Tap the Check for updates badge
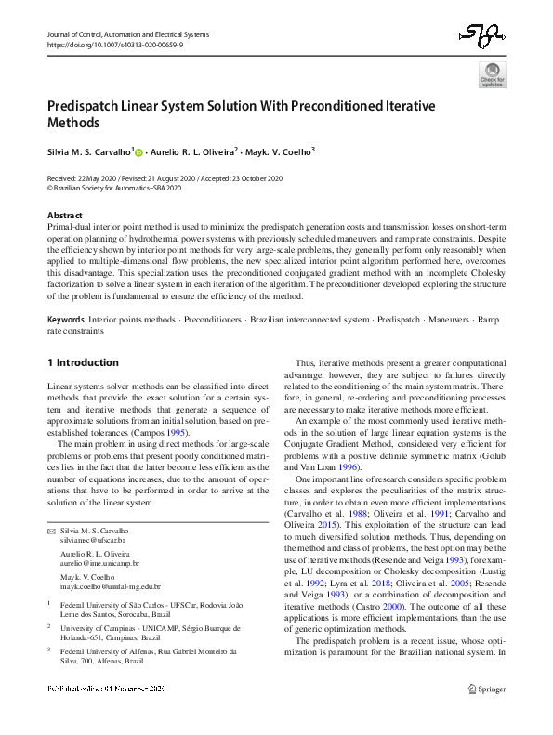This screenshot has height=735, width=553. pyautogui.click(x=492, y=74)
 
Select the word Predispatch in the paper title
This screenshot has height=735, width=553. pyautogui.click(x=85, y=106)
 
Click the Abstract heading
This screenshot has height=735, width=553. pyautogui.click(x=65, y=215)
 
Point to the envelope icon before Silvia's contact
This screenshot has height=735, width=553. pyautogui.click(x=51, y=530)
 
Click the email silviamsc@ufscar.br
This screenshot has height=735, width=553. pyautogui.click(x=92, y=540)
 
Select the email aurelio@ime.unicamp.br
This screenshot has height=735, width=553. pyautogui.click(x=99, y=563)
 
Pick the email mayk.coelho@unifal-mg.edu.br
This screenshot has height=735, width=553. pyautogui.click(x=110, y=586)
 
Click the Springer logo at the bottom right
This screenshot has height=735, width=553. pyautogui.click(x=487, y=715)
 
